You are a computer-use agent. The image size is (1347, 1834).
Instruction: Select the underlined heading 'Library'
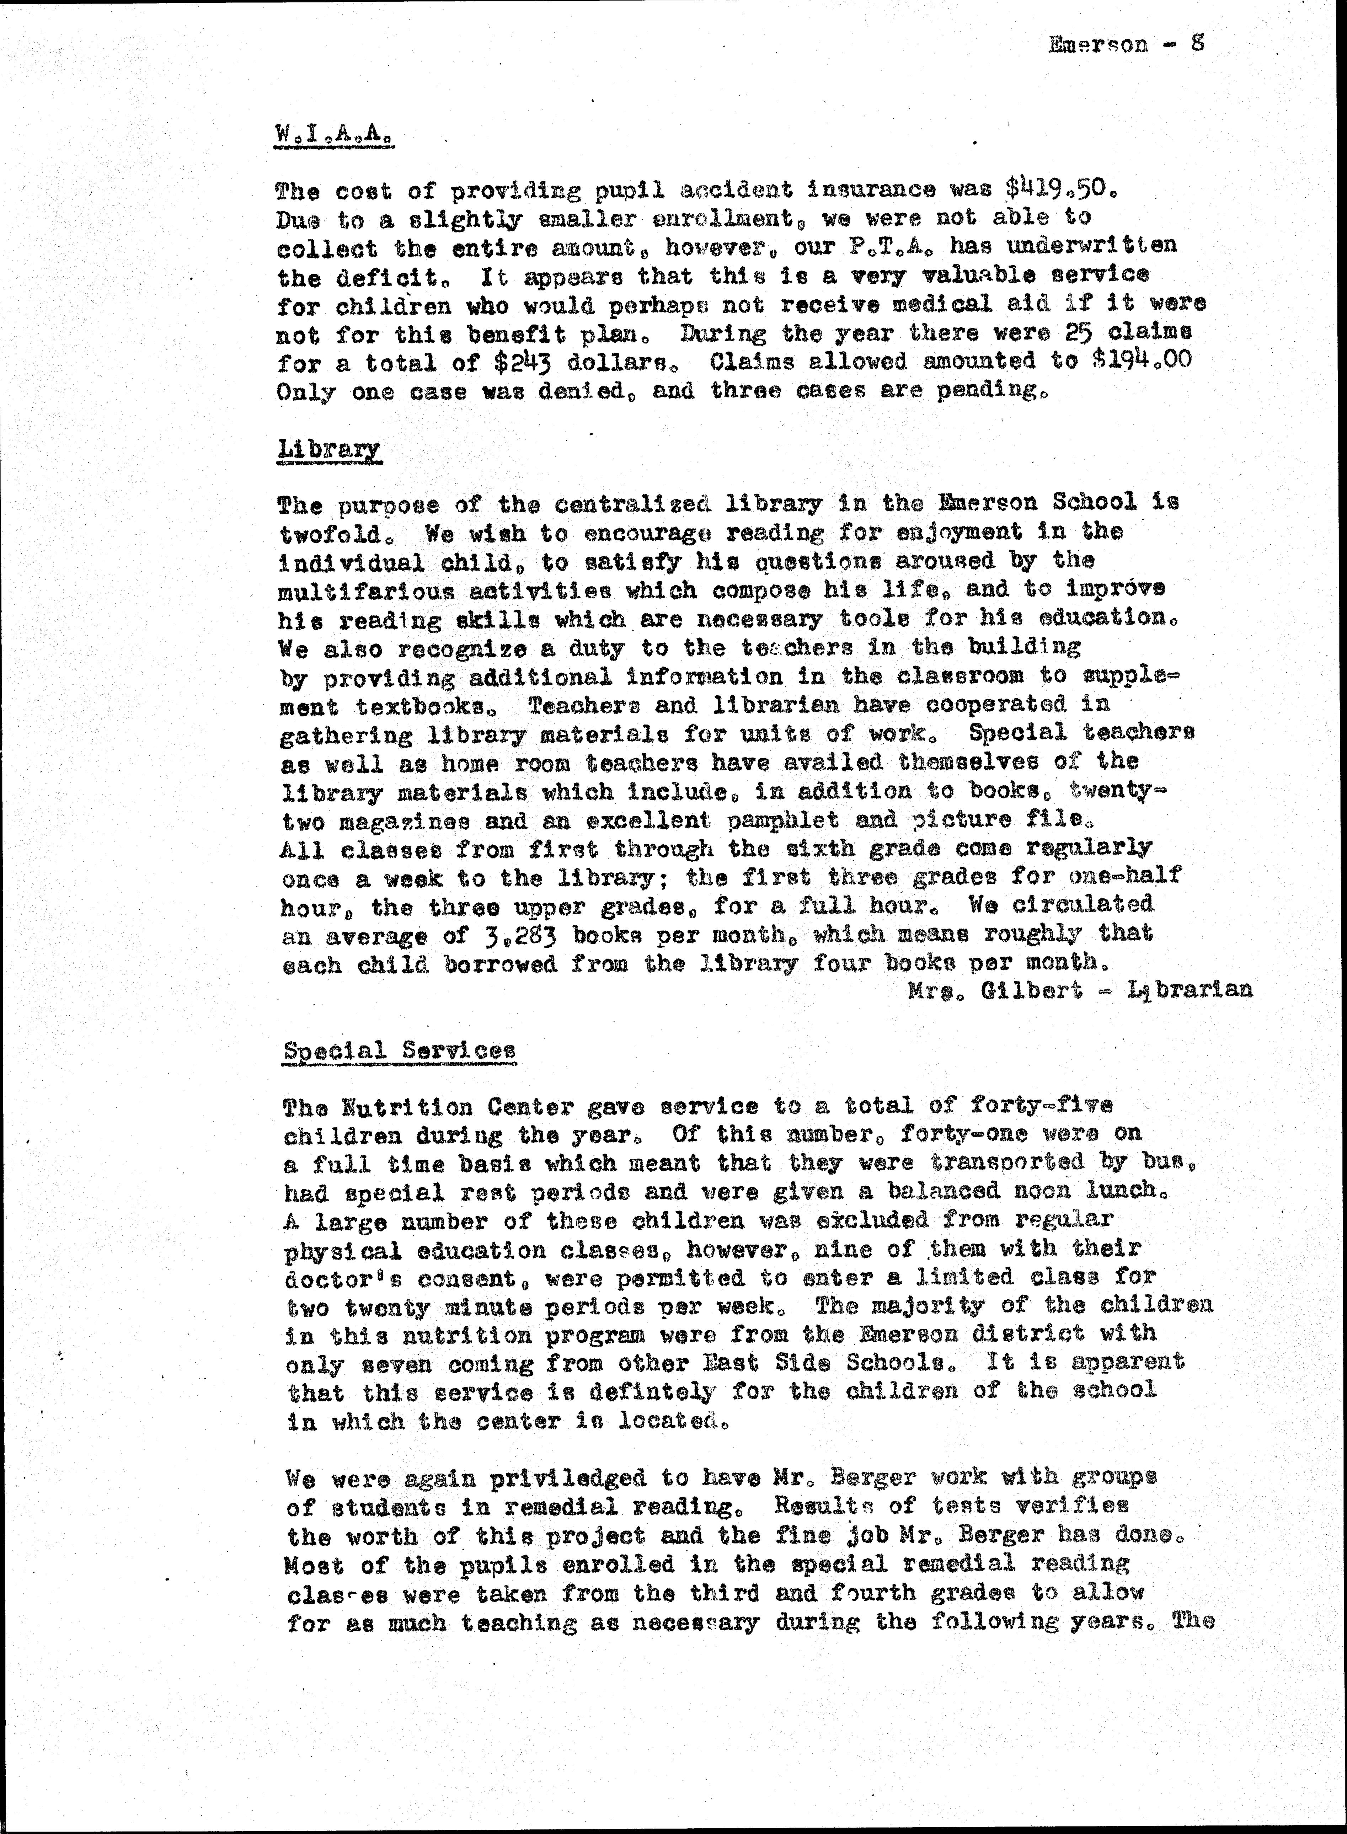(x=330, y=449)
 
